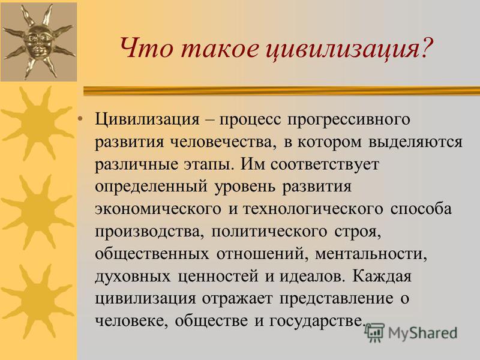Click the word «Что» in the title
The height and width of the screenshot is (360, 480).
pos(146,49)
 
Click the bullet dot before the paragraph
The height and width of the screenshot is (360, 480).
pos(80,119)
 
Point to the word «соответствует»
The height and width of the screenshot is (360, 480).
pos(325,164)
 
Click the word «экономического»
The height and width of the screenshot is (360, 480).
pos(158,209)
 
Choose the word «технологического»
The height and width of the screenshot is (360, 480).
pos(313,209)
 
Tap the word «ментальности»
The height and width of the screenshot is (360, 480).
pos(371,254)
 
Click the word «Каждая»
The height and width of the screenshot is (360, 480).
pos(382,277)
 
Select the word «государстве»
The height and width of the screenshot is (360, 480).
pos(317,322)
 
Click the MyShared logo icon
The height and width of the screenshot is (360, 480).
pos(374,332)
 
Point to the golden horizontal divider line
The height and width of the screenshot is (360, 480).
pos(281,91)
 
